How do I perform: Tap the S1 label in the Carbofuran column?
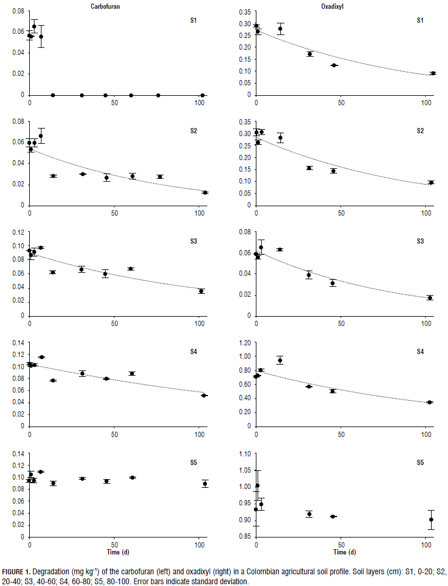[193, 20]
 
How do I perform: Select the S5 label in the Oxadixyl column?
[420, 463]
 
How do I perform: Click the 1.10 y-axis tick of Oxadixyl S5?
[242, 453]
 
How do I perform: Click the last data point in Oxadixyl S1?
[433, 73]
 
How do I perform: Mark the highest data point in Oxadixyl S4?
[280, 360]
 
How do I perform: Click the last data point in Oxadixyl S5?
[431, 519]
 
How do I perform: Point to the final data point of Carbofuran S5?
[204, 483]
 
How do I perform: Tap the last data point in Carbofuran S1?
[202, 95]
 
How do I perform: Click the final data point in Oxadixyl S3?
[429, 297]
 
